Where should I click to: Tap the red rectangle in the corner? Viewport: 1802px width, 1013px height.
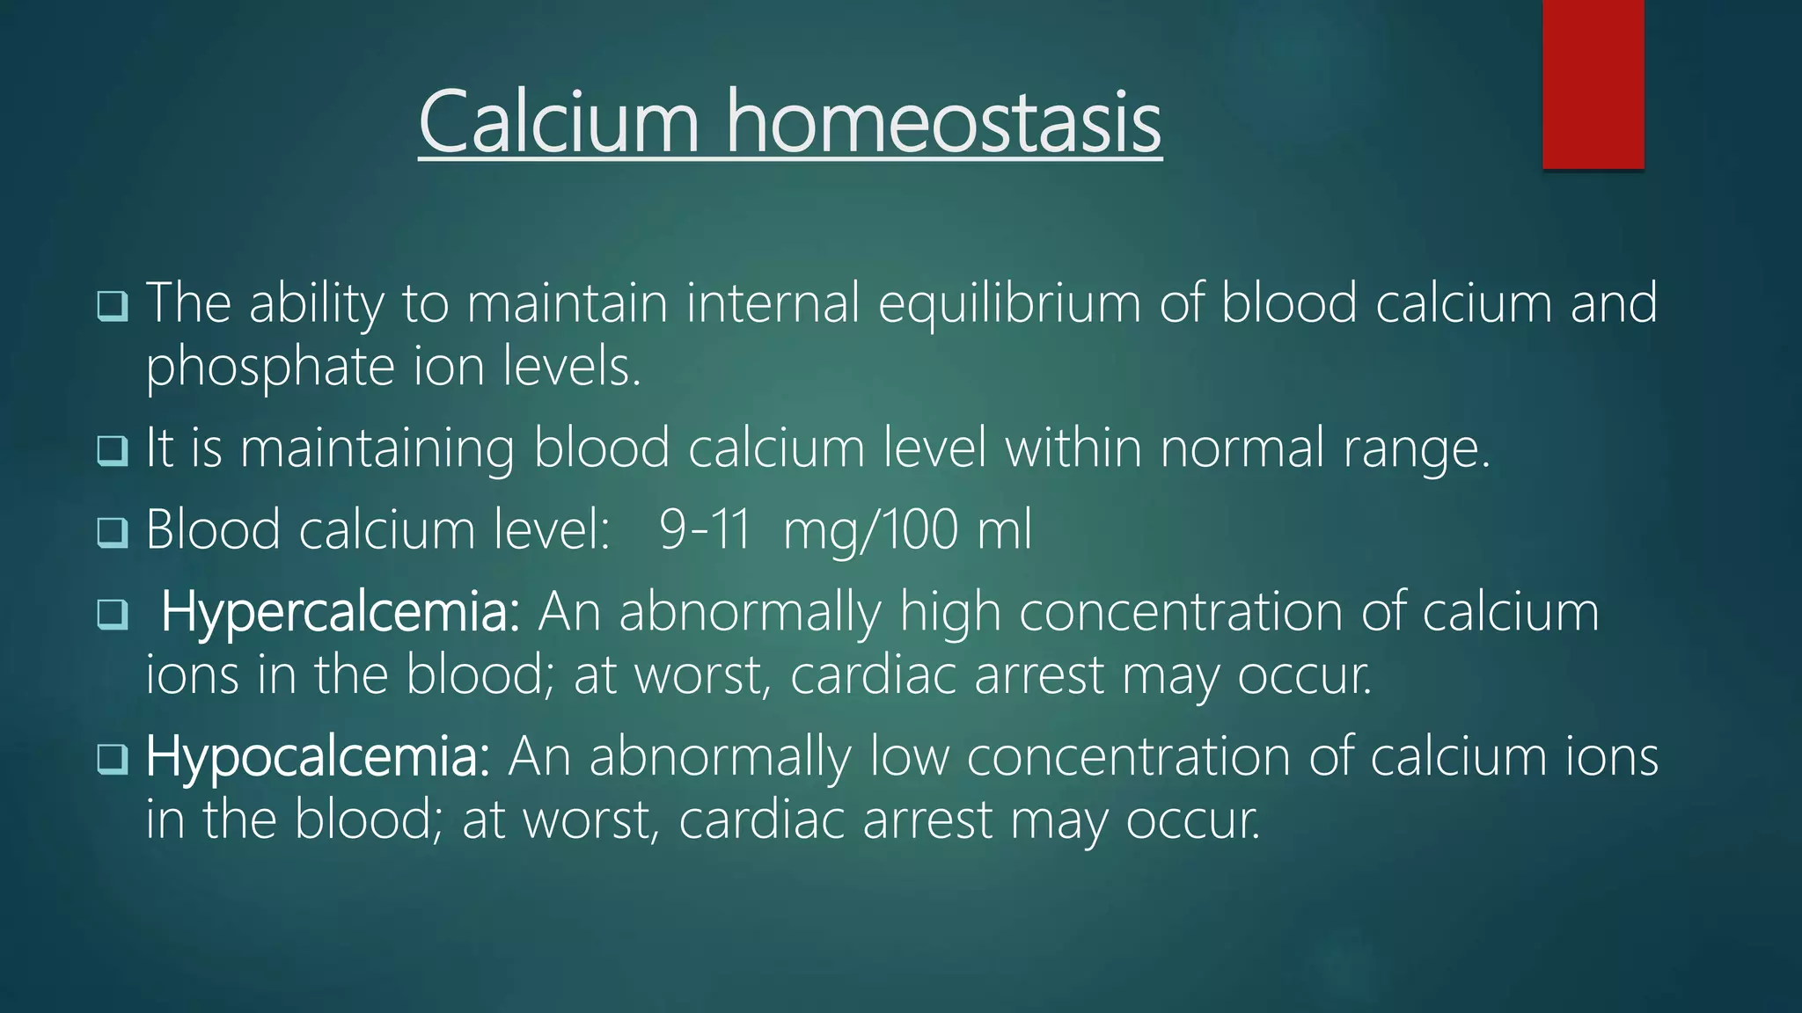click(1593, 84)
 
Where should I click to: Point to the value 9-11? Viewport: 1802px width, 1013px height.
click(705, 529)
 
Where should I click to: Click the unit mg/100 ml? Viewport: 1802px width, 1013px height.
click(907, 530)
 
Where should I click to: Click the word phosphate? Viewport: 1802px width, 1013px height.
click(270, 368)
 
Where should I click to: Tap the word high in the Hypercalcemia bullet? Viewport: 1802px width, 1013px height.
click(949, 612)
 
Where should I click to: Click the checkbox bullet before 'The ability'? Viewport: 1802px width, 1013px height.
click(113, 306)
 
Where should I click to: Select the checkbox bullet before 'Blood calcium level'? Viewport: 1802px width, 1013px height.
click(113, 532)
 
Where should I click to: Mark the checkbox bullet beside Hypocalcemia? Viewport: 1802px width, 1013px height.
click(113, 759)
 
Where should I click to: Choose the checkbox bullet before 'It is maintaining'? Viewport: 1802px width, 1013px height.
click(113, 451)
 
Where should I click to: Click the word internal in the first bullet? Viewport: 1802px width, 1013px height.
click(772, 303)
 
